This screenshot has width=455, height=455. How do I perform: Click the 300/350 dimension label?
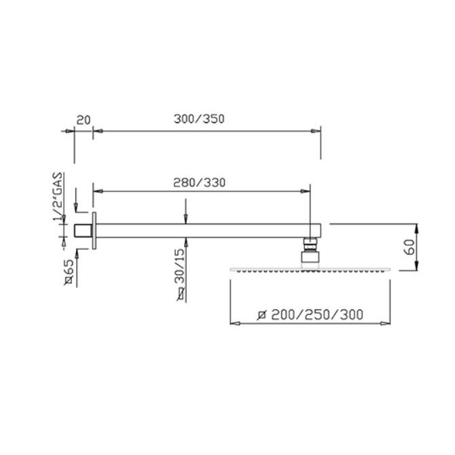tap(199, 119)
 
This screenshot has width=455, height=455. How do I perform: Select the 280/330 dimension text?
tap(200, 183)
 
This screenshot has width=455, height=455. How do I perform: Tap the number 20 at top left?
tap(84, 120)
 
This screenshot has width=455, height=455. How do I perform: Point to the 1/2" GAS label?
tap(58, 196)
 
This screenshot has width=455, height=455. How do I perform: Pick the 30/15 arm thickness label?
tap(180, 266)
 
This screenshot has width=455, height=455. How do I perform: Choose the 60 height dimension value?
tap(409, 247)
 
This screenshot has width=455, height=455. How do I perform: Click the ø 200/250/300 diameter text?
tap(310, 314)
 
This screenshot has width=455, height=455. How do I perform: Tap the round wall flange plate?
tap(94, 231)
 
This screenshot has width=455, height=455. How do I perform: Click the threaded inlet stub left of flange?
tap(84, 231)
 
